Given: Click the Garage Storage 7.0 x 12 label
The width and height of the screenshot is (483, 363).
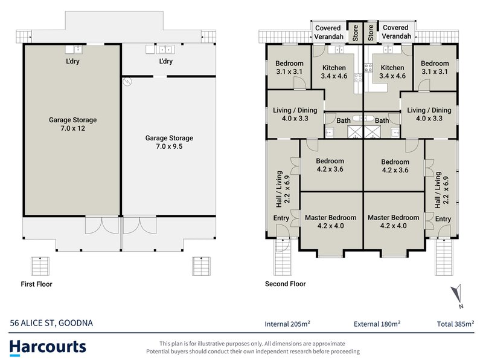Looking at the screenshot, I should tap(72, 124).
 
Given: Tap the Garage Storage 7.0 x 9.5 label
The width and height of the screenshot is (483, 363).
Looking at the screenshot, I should tap(169, 142).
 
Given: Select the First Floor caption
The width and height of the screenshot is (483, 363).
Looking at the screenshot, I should tap(36, 284).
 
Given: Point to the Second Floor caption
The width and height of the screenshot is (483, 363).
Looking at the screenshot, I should tap(286, 284).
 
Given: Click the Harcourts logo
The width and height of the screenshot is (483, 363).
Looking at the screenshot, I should tap(48, 347).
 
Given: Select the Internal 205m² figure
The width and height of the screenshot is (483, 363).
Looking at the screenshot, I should tap(292, 323).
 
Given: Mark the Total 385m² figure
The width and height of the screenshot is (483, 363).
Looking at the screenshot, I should tap(455, 323).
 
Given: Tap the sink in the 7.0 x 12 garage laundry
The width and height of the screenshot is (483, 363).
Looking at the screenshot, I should tap(77, 50).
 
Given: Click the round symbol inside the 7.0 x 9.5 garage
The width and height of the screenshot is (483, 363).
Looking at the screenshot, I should tap(127, 81).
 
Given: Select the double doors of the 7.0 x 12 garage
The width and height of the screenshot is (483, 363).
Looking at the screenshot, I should tap(102, 225).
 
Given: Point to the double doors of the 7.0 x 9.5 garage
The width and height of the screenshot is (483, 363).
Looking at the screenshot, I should tap(140, 225).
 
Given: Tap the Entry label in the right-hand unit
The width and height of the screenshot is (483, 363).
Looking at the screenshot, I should tap(443, 219).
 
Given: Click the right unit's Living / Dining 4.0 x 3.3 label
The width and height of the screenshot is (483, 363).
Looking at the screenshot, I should tap(429, 114).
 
